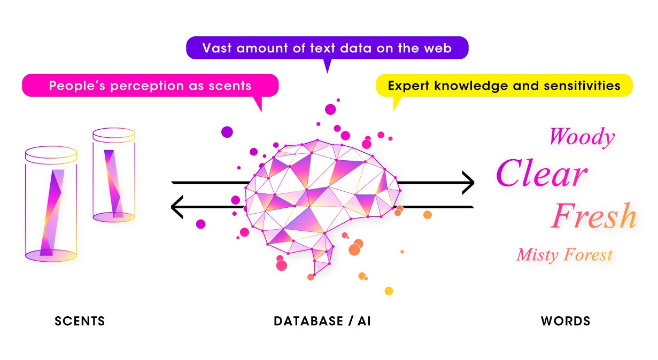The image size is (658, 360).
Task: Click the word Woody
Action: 582,137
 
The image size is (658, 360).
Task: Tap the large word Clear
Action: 541,174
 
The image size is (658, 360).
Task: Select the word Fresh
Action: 594,216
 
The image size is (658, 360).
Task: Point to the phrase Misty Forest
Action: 564,255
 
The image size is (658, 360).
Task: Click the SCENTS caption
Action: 80,321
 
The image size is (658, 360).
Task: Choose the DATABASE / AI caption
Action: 322,321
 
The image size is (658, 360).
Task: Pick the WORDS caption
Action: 566,321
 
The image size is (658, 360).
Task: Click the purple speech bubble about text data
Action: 327,48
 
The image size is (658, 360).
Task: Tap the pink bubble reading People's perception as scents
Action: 150,85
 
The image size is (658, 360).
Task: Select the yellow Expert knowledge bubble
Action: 504,85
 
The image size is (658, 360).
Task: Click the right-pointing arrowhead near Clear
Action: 468,183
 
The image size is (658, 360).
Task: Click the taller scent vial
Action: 51,206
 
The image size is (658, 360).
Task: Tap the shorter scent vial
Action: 113,175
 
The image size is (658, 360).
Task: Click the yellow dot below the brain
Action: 389,291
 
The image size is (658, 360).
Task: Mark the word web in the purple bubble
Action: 438,48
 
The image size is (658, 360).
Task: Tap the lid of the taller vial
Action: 51,155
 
